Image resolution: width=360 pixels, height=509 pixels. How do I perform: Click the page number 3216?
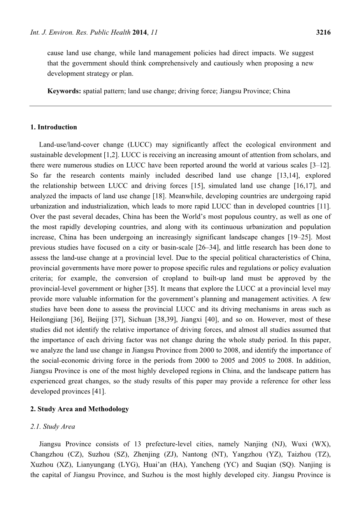pos(323,33)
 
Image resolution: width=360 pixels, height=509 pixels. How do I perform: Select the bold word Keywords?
pos(64,91)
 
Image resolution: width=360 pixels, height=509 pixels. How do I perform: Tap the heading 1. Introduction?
pos(53,127)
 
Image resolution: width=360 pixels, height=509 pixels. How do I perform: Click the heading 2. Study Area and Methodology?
pos(79,409)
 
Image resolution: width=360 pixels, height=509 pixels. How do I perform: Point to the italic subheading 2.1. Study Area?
pos(53,427)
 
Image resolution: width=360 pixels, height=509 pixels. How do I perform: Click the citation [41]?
pos(98,392)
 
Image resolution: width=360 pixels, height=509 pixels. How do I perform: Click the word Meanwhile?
pos(191,196)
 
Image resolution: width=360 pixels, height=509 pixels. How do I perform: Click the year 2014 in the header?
pos(139,33)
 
